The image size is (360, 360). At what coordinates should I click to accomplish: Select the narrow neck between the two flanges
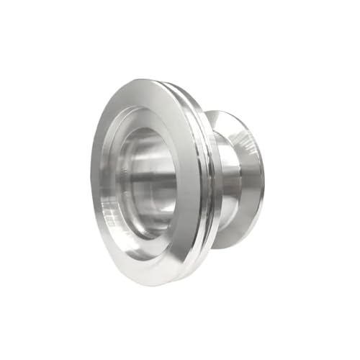pos(225,180)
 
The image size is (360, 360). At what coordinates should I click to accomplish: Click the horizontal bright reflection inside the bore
pos(155,173)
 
